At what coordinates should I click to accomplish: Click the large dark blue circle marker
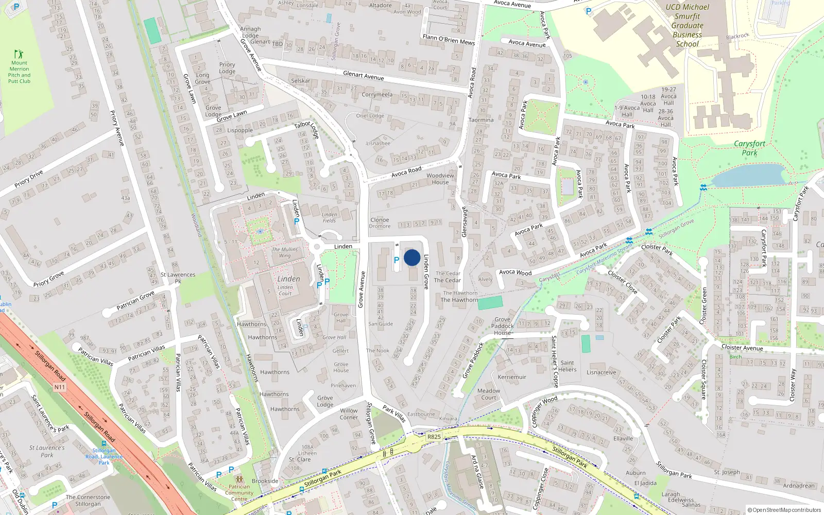click(x=412, y=257)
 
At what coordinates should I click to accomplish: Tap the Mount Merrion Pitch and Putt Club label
click(x=19, y=72)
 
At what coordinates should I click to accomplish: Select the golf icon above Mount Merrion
click(x=19, y=54)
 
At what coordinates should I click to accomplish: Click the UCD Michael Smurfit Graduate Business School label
click(x=687, y=25)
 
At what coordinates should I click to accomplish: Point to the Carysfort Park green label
click(x=749, y=148)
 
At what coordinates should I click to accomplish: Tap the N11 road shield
click(x=60, y=387)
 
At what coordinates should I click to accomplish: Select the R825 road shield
click(x=434, y=437)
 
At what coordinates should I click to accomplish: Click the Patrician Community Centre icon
click(x=239, y=479)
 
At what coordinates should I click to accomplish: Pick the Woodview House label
click(x=440, y=179)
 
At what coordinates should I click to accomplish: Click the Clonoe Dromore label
click(x=380, y=223)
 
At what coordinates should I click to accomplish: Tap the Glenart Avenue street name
click(x=364, y=76)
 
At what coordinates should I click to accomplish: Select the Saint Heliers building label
click(x=567, y=366)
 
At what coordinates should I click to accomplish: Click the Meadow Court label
click(x=489, y=394)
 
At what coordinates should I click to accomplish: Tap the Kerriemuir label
click(x=512, y=377)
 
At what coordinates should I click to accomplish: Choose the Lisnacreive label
click(x=601, y=372)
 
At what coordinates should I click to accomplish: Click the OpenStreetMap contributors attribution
click(x=784, y=510)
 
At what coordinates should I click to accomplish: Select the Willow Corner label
click(x=349, y=414)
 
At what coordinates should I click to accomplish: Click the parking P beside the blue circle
click(x=397, y=260)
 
